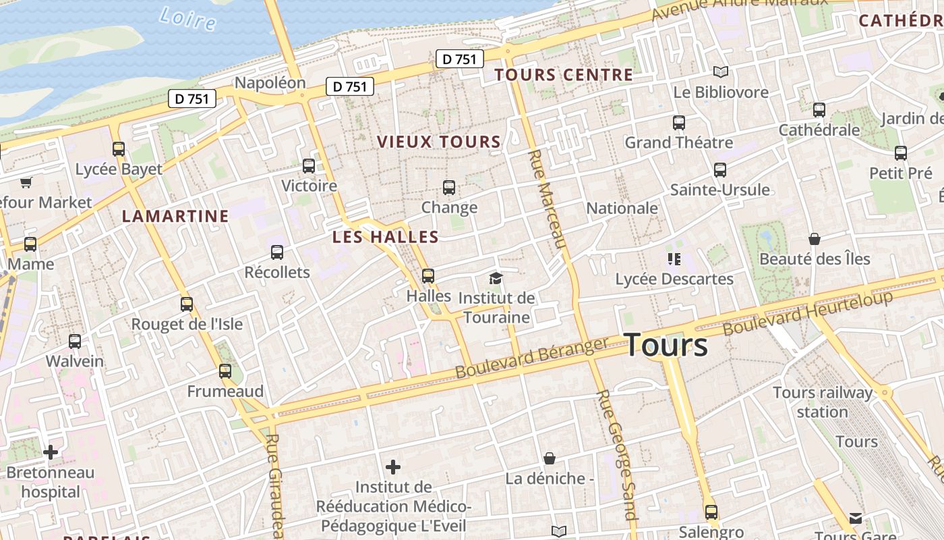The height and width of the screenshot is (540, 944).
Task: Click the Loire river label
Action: (188, 18)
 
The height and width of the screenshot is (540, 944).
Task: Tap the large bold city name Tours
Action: (666, 345)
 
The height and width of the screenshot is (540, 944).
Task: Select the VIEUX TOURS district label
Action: (439, 142)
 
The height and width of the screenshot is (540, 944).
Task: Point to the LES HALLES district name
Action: (385, 237)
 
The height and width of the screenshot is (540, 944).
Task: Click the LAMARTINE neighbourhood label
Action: (175, 216)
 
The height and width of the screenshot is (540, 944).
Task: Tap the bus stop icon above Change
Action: (449, 188)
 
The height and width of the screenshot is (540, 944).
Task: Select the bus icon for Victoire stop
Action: (309, 165)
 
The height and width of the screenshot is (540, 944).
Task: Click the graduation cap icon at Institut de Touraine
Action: (496, 278)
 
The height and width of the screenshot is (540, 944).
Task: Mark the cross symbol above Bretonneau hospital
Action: (51, 452)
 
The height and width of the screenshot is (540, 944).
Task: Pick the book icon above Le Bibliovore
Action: (721, 72)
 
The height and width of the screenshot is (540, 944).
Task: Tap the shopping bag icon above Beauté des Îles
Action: (815, 239)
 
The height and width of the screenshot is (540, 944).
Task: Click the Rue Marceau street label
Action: (546, 199)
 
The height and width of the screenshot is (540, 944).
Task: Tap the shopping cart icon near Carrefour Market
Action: (26, 182)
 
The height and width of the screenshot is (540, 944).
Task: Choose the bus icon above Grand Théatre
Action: (678, 123)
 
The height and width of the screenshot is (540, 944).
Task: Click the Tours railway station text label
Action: (822, 402)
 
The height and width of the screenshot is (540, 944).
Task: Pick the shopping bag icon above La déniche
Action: (550, 459)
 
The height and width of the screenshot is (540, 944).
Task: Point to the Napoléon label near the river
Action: (270, 83)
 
